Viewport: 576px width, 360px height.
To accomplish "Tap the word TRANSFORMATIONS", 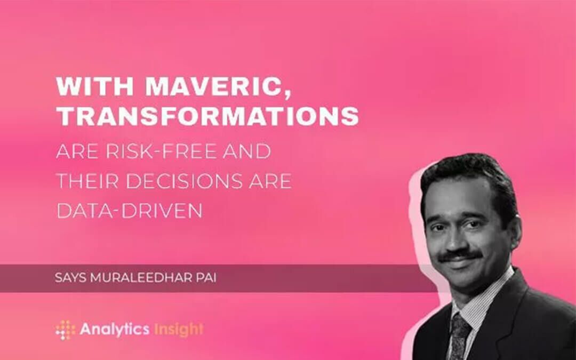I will tap(207, 116).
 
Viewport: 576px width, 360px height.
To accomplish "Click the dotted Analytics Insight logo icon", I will tap(65, 329).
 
